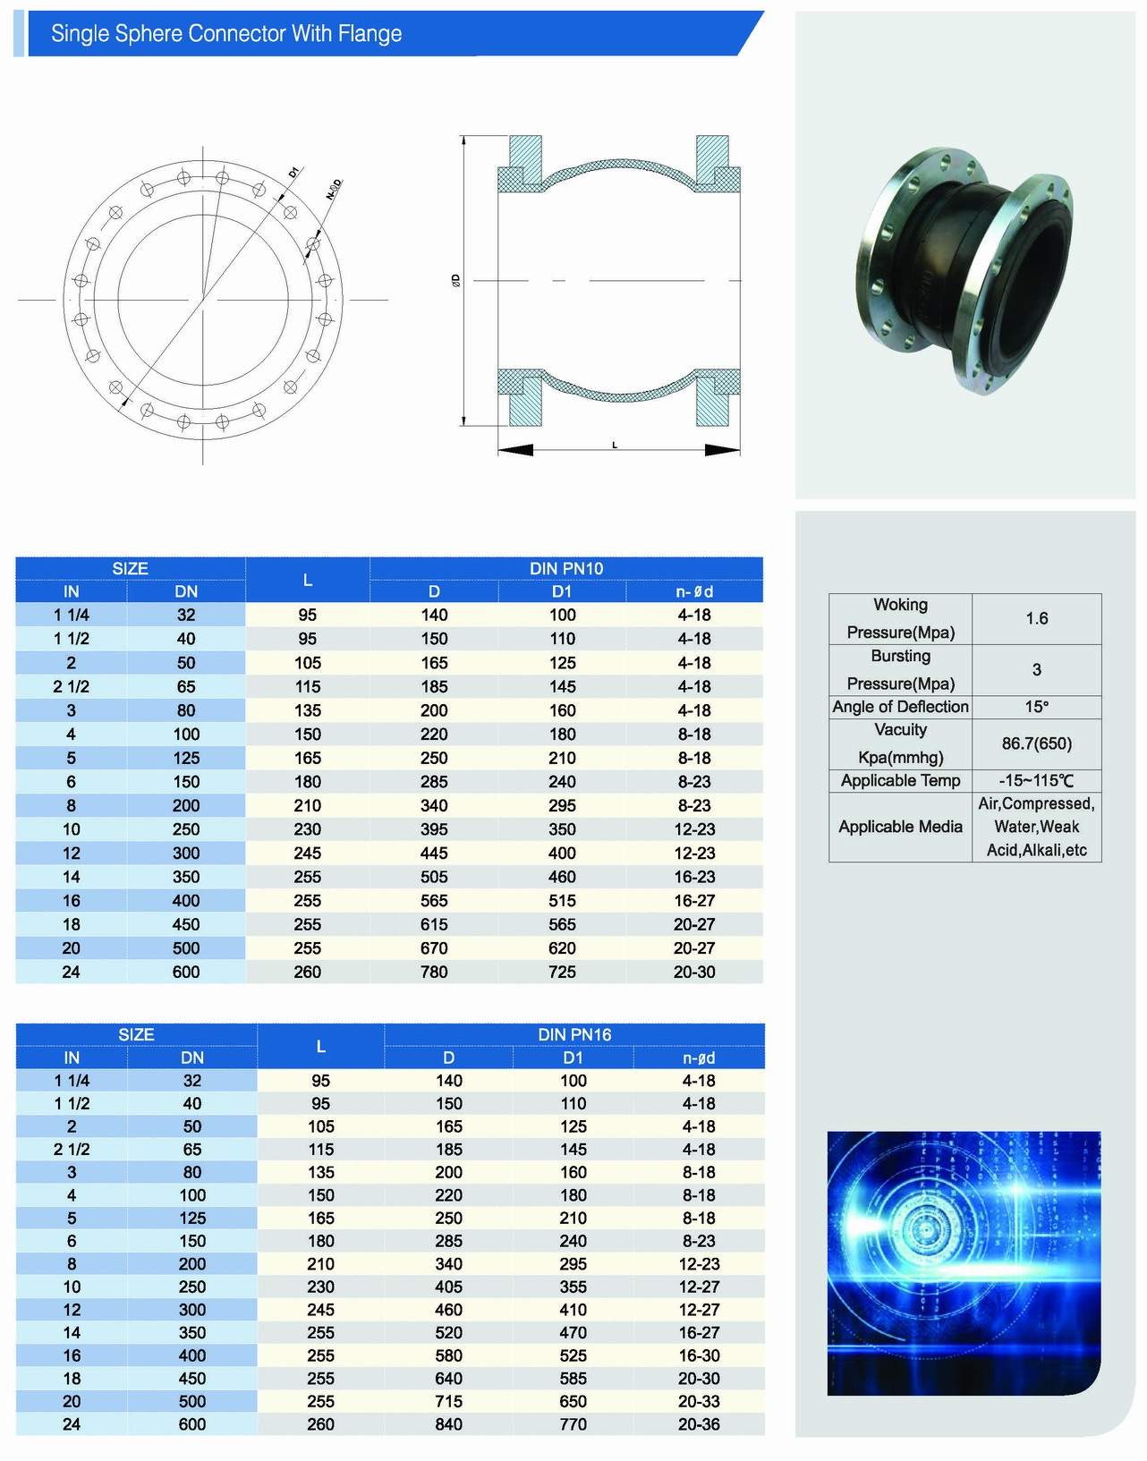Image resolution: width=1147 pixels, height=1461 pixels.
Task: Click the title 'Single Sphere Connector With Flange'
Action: click(x=226, y=34)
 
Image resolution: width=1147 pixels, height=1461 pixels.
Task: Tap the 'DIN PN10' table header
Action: click(x=566, y=568)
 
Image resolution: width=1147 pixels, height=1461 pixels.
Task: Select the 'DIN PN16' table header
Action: click(x=574, y=1035)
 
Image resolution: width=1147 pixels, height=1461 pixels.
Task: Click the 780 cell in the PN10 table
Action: click(x=434, y=972)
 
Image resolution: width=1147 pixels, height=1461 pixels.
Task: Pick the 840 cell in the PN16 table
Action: click(x=448, y=1424)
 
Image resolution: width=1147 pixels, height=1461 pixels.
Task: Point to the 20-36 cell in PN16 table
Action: click(x=700, y=1424)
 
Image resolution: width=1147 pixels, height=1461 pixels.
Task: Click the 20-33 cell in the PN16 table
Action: click(x=700, y=1401)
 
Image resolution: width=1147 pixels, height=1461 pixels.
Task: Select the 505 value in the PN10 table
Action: click(x=434, y=877)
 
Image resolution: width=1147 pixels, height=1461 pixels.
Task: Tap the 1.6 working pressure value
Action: click(x=1037, y=618)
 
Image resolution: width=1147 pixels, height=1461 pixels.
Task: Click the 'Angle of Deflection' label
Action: click(x=900, y=707)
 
